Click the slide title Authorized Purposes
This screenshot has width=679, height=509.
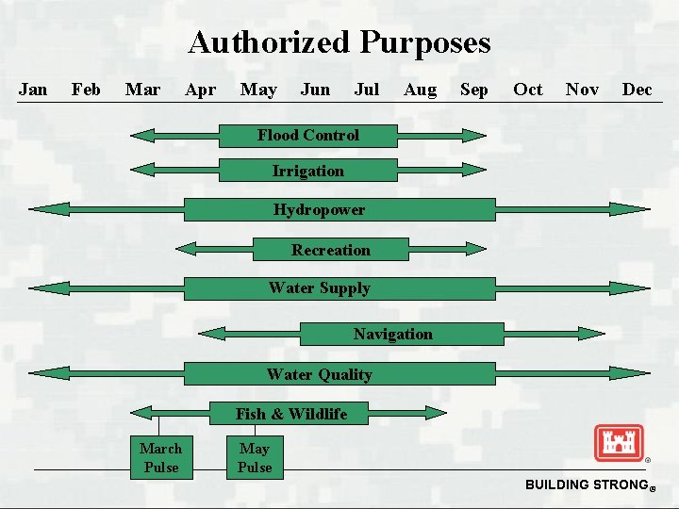click(x=339, y=42)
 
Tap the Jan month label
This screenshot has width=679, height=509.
click(x=33, y=90)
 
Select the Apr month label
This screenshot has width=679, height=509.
click(x=200, y=90)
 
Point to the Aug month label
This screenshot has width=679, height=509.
click(x=420, y=90)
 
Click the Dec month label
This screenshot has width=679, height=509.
click(x=637, y=90)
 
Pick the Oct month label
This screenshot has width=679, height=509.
click(x=527, y=90)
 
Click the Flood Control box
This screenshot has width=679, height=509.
click(x=308, y=136)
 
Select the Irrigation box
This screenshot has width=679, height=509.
click(x=308, y=171)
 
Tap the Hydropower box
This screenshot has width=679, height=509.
click(x=339, y=209)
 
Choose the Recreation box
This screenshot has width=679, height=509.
click(x=331, y=250)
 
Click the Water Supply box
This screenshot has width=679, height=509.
click(x=339, y=288)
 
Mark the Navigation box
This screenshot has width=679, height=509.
click(x=393, y=334)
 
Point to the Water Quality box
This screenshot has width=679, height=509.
click(x=339, y=374)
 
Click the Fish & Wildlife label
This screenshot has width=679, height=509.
click(x=291, y=414)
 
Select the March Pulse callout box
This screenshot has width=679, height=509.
click(x=160, y=457)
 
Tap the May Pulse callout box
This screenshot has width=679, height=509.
click(x=255, y=457)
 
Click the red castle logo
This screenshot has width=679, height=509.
click(x=619, y=443)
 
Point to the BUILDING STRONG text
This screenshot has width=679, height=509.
click(x=585, y=484)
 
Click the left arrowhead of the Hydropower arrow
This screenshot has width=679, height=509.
click(x=42, y=209)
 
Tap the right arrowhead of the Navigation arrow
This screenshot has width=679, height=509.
click(x=593, y=333)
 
